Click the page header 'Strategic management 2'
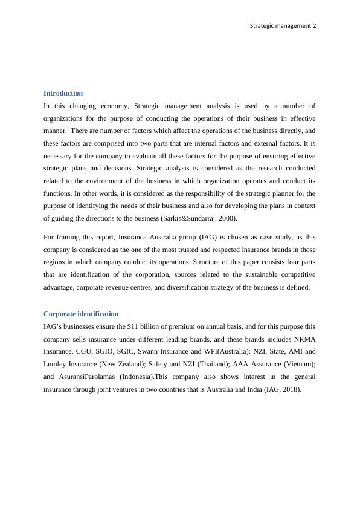click(283, 25)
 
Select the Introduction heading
click(63, 93)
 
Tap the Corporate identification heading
click(81, 314)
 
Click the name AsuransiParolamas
click(88, 377)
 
